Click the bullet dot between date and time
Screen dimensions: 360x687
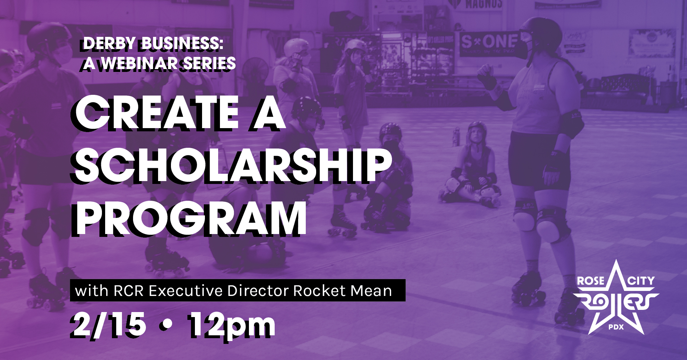167,324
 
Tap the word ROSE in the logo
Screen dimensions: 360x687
590,281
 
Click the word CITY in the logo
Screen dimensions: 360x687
641,281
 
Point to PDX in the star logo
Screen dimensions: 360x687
616,327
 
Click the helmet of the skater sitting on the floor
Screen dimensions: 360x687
477,127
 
